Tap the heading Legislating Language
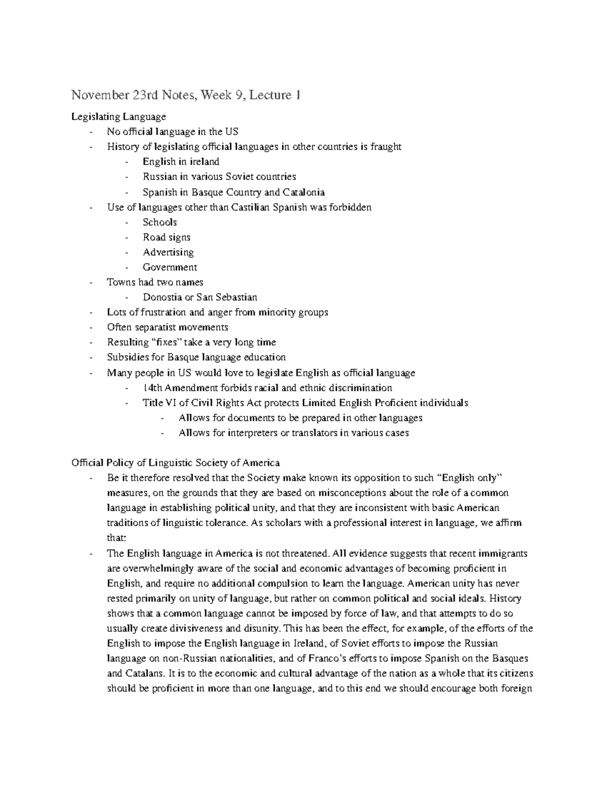pyautogui.click(x=118, y=117)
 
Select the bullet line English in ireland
pyautogui.click(x=181, y=162)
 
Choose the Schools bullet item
pyautogui.click(x=159, y=222)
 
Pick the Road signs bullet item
pyautogui.click(x=166, y=237)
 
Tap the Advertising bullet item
pyautogui.click(x=168, y=252)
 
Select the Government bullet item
pyautogui.click(x=169, y=267)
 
